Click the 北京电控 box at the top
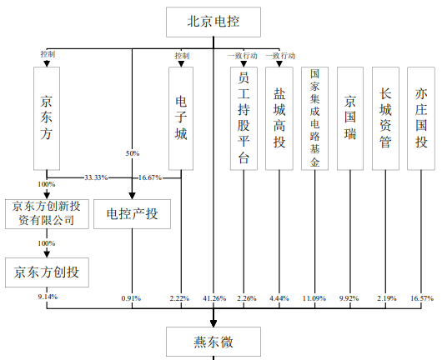213,22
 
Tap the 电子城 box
181,118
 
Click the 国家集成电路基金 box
314,118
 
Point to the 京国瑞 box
351,118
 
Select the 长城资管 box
385,118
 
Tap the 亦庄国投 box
422,118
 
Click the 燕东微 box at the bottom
213,340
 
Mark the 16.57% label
422,297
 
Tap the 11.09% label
314,297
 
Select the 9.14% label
47,297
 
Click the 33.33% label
95,177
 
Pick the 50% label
133,153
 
